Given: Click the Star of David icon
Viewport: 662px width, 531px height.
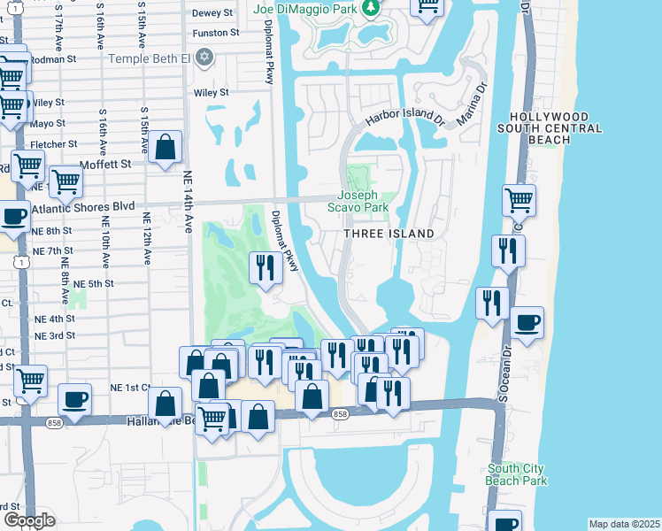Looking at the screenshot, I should [x=205, y=58].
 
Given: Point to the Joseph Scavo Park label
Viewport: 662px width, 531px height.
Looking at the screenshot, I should [x=363, y=201].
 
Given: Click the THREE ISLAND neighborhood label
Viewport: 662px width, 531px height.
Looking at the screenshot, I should [x=389, y=234].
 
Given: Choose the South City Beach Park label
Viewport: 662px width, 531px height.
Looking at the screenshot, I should [x=517, y=474].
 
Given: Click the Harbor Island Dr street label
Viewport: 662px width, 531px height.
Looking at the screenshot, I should [x=404, y=117].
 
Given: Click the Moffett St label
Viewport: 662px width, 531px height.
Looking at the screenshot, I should [x=104, y=164].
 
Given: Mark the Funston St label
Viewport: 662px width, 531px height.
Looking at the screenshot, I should [x=216, y=33].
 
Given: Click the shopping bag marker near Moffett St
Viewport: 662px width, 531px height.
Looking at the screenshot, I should [x=165, y=147].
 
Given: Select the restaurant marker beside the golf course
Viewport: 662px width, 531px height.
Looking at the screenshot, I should [x=266, y=266].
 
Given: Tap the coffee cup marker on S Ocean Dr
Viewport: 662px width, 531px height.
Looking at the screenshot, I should [x=527, y=323].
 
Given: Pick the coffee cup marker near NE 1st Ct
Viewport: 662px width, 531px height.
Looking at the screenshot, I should [x=74, y=399].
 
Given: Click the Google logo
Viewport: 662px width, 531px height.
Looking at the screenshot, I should [x=29, y=520].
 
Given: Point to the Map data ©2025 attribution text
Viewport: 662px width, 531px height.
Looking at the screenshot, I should [x=623, y=524].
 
